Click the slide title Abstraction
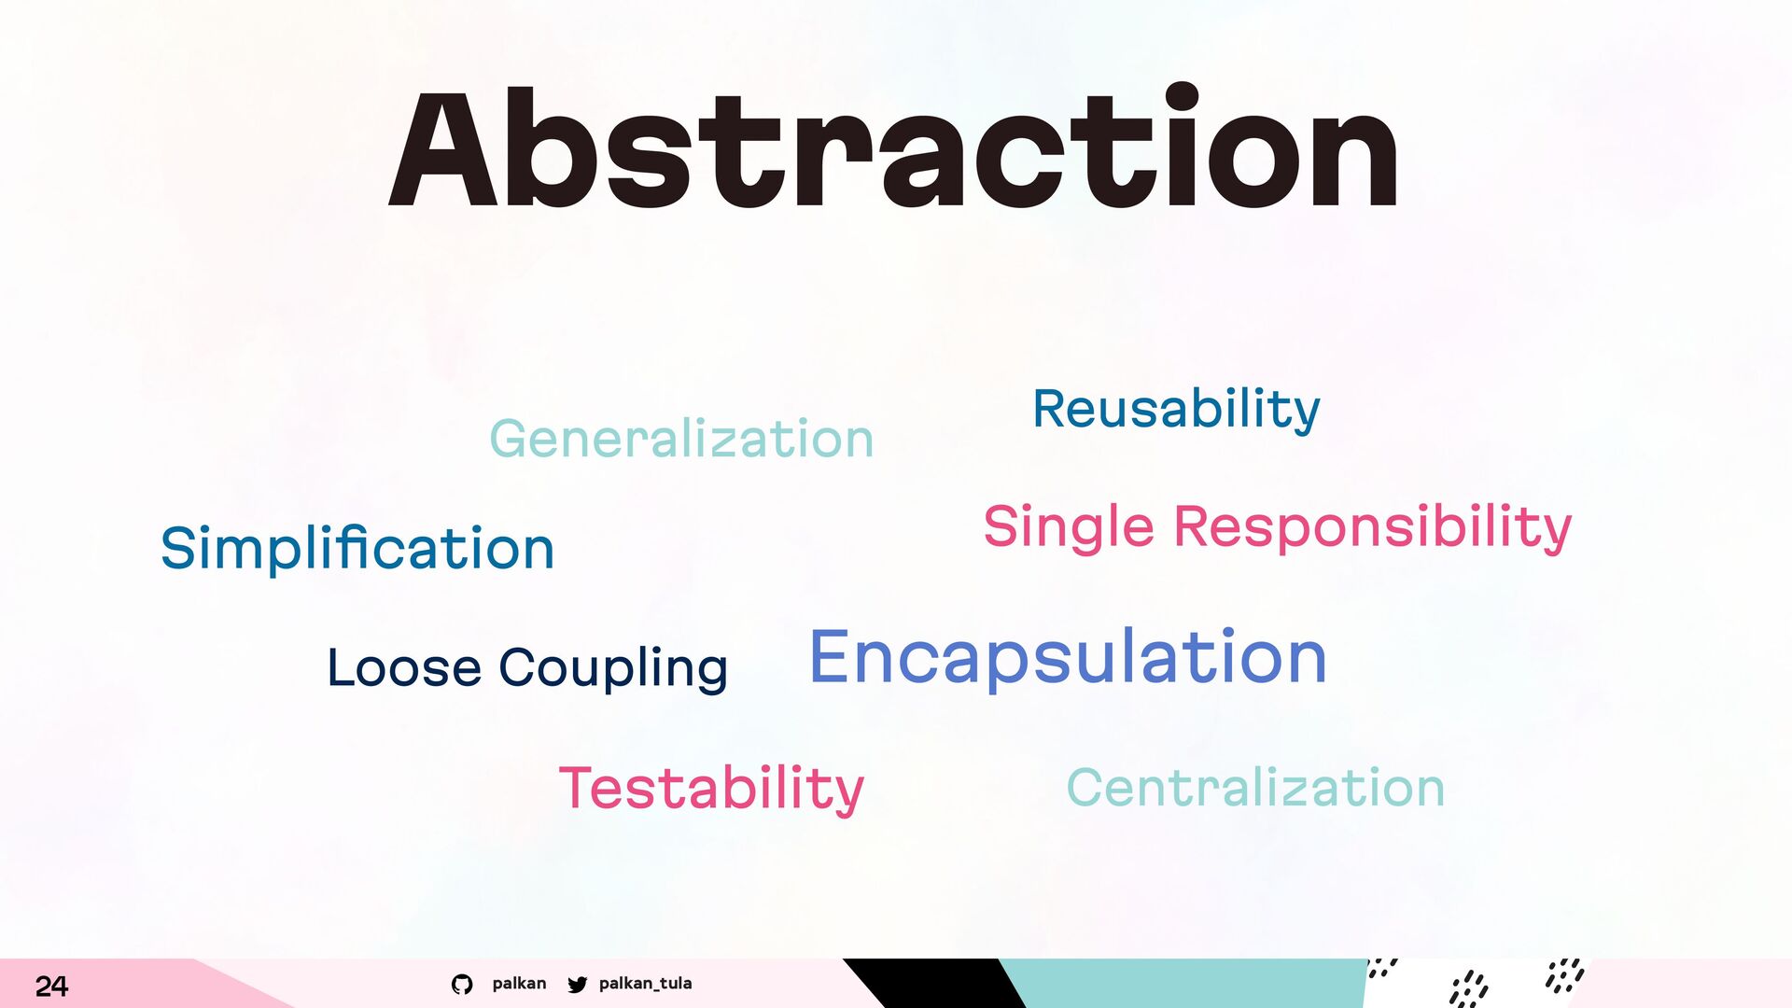point(893,147)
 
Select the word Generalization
point(681,438)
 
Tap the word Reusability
point(1176,411)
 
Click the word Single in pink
point(1069,527)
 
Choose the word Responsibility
point(1372,527)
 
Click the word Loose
point(404,667)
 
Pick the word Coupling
point(613,669)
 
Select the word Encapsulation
point(1068,659)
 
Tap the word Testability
point(711,790)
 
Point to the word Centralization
point(1255,787)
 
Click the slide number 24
point(51,986)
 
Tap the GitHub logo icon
point(462,984)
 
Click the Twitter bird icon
point(578,984)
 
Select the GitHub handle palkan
point(519,984)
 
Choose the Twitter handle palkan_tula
point(646,984)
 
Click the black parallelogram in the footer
point(933,983)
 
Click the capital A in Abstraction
point(443,149)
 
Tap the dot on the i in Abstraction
point(1182,97)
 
